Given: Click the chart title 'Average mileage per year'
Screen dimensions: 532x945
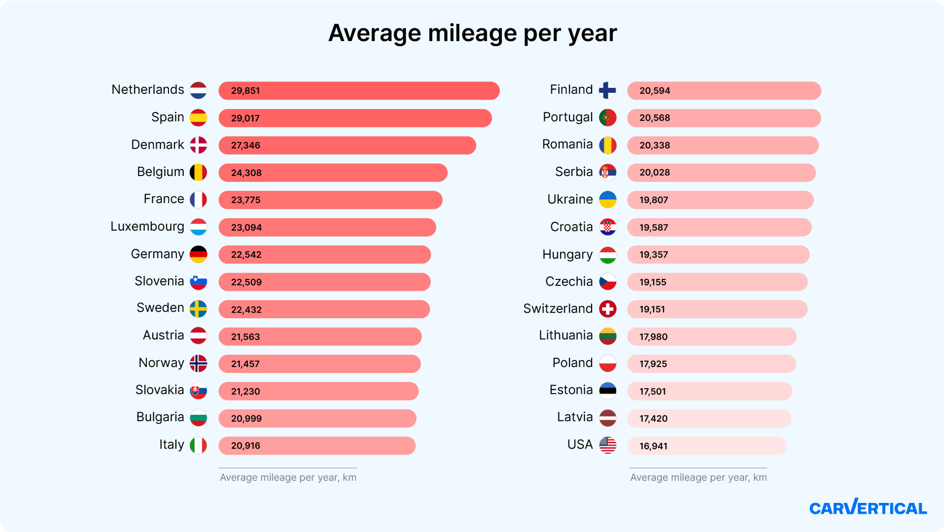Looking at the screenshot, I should (472, 33).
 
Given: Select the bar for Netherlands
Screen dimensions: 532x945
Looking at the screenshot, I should (359, 91).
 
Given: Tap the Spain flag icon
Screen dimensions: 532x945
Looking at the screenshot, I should (198, 118).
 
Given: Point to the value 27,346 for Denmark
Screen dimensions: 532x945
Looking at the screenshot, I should (245, 145).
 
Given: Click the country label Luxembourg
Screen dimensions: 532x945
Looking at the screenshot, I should (147, 227).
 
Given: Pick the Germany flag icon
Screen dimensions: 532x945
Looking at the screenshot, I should (198, 254).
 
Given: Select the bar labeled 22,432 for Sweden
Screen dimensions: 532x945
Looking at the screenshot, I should (324, 309).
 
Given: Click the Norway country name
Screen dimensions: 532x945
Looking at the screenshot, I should (161, 363).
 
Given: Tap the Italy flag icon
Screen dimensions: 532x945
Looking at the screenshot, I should (198, 445).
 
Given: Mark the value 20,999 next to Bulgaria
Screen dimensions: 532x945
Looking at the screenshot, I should (246, 418).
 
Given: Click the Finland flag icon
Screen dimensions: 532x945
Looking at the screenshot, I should (607, 91).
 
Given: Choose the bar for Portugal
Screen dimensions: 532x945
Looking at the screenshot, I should (724, 118).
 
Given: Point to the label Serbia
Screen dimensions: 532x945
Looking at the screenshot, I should (574, 172).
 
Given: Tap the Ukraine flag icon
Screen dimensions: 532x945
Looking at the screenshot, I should (607, 199).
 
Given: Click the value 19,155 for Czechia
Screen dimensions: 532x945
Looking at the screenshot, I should (652, 282).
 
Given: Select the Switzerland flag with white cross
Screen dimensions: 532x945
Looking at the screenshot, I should (607, 309).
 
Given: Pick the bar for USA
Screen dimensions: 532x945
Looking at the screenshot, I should (706, 446).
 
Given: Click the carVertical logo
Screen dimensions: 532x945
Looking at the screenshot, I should (867, 508).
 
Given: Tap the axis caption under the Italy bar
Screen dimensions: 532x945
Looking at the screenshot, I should (288, 478).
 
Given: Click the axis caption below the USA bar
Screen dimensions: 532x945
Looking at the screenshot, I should (698, 478).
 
